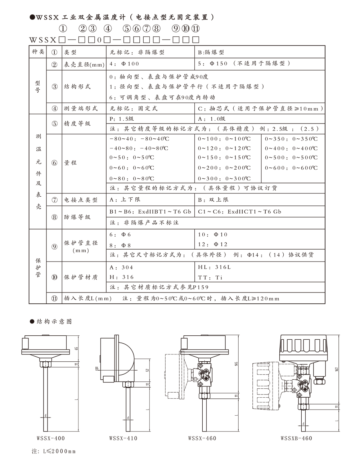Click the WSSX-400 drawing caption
coord(50,438)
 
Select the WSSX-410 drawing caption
coord(123,438)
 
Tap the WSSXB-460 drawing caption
coord(296,438)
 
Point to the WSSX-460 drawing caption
coord(202,438)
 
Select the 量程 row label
coord(71,163)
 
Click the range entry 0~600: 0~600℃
coord(291,168)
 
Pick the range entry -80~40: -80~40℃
coord(139,139)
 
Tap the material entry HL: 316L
coord(215,267)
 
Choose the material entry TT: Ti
coord(211,277)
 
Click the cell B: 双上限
coord(213,200)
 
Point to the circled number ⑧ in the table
coord(54,217)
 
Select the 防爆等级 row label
coord(77,217)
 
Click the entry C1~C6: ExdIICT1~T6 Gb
coord(239,211)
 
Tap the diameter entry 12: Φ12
coord(213,244)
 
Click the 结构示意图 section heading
coord(54,321)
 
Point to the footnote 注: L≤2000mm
coord(54,451)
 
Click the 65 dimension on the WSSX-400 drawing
coord(76,348)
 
